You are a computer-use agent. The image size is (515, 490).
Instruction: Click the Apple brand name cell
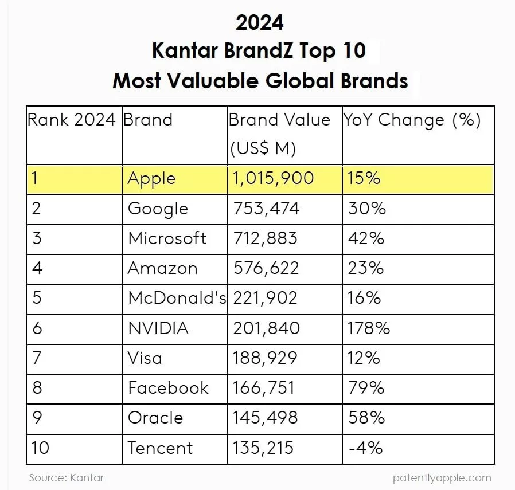point(151,178)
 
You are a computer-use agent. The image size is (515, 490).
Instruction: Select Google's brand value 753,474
point(266,208)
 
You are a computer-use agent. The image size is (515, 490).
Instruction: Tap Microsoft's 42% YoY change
point(366,238)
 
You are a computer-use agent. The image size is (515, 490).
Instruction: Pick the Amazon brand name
point(162,268)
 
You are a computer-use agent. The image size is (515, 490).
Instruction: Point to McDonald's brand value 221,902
point(265,298)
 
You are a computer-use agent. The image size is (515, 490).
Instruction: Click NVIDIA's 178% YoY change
point(369,328)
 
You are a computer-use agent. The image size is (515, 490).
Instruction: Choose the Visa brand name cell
point(145,358)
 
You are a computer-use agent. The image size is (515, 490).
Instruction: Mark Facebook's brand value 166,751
point(264,388)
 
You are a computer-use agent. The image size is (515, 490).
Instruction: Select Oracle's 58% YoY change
point(366,418)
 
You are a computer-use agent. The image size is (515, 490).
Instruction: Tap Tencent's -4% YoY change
point(365,448)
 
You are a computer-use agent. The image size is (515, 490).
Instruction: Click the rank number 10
point(40,448)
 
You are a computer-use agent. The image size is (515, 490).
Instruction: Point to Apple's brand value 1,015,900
point(274,178)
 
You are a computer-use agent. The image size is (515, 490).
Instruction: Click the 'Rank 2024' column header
point(72,120)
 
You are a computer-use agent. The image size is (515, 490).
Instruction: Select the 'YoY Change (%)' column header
point(412,120)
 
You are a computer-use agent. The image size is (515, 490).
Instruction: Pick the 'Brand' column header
point(148,120)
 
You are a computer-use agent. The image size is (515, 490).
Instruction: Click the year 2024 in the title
point(259,22)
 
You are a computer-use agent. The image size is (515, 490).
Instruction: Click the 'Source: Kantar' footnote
point(67,477)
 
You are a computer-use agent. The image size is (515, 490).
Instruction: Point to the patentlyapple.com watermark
point(442,477)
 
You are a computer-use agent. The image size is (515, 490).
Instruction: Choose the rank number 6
point(37,328)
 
